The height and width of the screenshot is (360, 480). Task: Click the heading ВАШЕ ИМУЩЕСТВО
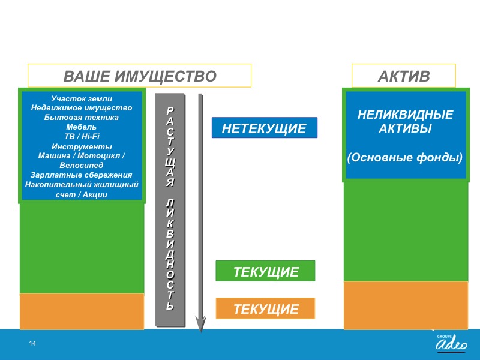click(140, 76)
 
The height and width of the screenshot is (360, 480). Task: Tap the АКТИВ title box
click(403, 76)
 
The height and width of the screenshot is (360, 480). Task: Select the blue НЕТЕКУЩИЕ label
click(265, 128)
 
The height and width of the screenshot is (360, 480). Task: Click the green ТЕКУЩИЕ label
click(265, 271)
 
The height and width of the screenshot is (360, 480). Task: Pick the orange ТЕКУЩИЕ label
click(265, 308)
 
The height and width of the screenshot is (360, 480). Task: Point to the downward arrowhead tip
click(201, 332)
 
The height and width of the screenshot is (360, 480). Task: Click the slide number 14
click(32, 343)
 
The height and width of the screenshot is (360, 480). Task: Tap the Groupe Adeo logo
click(452, 343)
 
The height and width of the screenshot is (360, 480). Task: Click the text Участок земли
click(82, 98)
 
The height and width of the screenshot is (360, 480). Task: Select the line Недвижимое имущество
click(82, 108)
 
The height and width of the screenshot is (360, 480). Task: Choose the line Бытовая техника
click(82, 117)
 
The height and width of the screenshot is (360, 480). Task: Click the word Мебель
click(82, 127)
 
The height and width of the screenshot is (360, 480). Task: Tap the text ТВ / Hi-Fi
click(82, 136)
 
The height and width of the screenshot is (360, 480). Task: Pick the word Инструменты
click(82, 146)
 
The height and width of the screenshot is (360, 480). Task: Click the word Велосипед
click(82, 166)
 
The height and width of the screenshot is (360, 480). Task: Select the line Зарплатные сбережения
click(82, 175)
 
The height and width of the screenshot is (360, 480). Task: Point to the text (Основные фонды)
click(404, 158)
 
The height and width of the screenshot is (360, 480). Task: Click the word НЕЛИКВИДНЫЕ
click(406, 115)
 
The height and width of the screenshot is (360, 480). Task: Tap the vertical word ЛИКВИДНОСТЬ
click(170, 254)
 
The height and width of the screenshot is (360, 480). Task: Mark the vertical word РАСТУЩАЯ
click(170, 146)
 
